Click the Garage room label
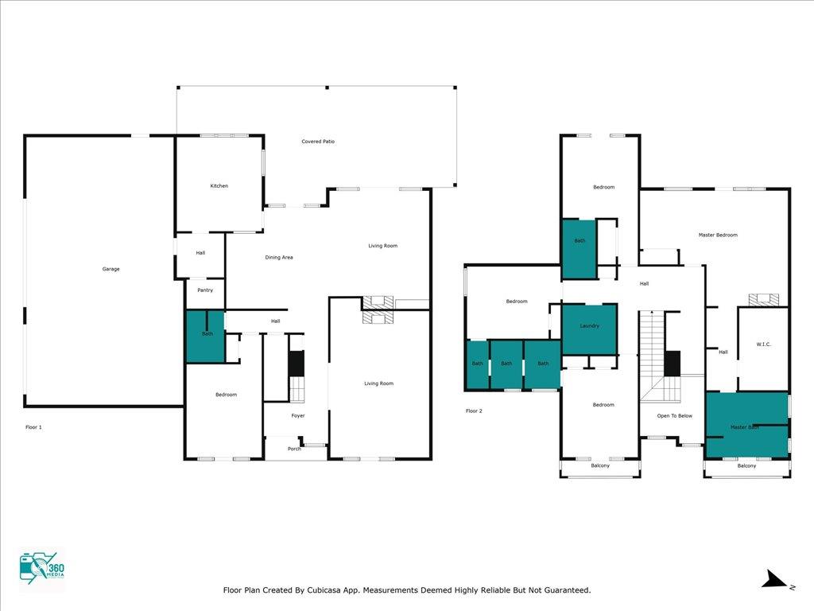click(110, 269)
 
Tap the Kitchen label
click(219, 186)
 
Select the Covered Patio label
click(318, 142)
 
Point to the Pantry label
click(205, 290)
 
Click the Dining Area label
click(279, 257)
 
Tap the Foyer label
click(298, 415)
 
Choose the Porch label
click(294, 449)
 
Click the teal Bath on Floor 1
click(206, 337)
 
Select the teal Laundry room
click(590, 329)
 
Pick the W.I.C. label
click(764, 344)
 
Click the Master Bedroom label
click(718, 235)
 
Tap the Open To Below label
click(674, 416)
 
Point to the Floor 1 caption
click(33, 427)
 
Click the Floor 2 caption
click(474, 411)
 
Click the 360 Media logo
click(42, 568)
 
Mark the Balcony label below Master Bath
click(746, 466)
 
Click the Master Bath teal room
click(746, 425)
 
